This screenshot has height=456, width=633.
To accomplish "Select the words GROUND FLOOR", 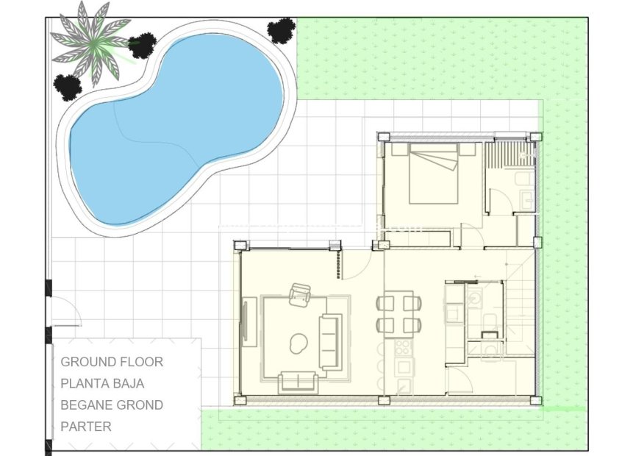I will click(112, 362).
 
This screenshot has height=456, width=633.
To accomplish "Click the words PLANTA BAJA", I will click(102, 383).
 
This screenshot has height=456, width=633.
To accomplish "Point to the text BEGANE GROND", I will click(112, 405).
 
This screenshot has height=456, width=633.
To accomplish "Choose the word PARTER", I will click(86, 426).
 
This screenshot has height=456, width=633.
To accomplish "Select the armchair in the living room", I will click(300, 296).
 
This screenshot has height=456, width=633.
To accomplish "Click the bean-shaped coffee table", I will click(298, 342).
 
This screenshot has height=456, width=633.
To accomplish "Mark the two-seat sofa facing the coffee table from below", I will click(298, 381).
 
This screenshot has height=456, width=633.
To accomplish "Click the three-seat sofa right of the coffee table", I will click(330, 341).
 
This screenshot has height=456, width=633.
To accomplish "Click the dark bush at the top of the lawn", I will click(281, 30).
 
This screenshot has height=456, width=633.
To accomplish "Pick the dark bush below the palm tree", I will click(68, 87).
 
